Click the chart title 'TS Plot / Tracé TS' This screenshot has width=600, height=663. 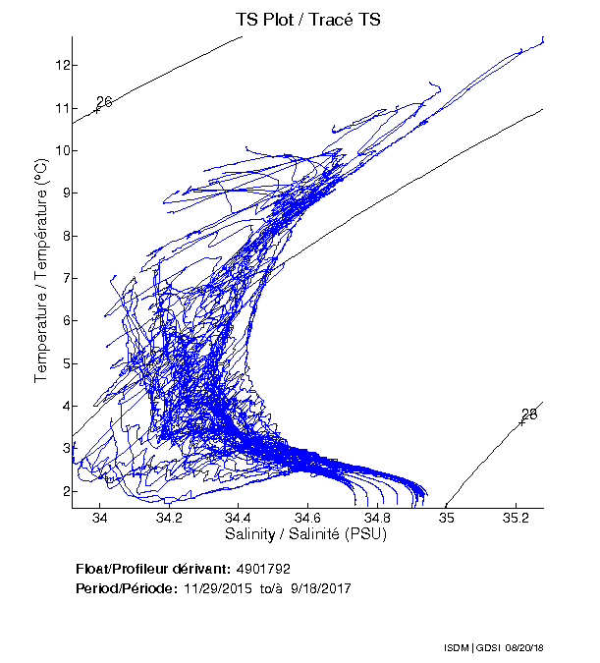tap(307, 18)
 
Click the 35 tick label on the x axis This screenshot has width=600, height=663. tap(446, 518)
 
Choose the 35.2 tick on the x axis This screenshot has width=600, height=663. tap(516, 518)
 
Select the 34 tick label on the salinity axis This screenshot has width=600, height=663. tap(99, 518)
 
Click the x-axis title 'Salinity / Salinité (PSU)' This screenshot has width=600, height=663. tap(307, 535)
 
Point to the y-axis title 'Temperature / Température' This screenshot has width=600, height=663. tap(41, 270)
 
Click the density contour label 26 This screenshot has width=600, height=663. tap(104, 102)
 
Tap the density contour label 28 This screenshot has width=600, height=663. tap(529, 414)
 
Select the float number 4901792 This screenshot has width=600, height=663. tap(263, 570)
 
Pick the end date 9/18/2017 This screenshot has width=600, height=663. tap(318, 588)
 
